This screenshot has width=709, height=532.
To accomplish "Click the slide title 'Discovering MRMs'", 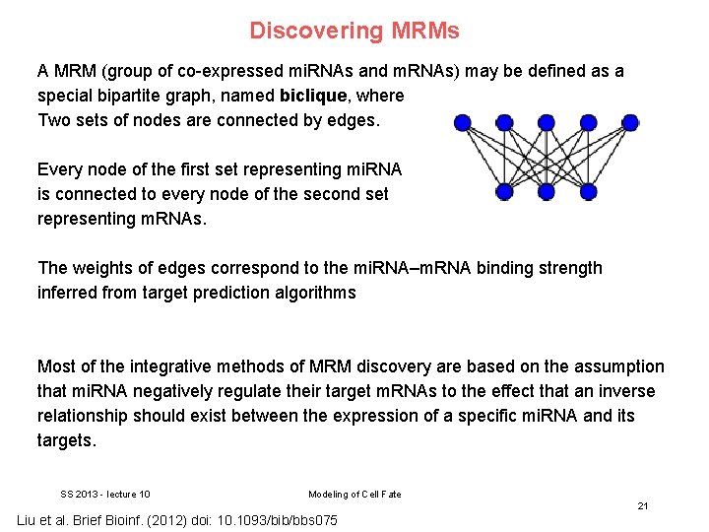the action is pyautogui.click(x=354, y=31).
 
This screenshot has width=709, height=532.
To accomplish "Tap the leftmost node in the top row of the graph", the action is pyautogui.click(x=462, y=123).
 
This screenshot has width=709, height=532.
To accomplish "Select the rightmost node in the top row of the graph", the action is pyautogui.click(x=631, y=123).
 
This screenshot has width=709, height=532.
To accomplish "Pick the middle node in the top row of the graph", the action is pyautogui.click(x=547, y=123).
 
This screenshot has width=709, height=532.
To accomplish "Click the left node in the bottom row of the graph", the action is pyautogui.click(x=504, y=191).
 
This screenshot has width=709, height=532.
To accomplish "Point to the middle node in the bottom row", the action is pyautogui.click(x=547, y=191).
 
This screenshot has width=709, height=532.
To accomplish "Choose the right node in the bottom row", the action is pyautogui.click(x=589, y=191).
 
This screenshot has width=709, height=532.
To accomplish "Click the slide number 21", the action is pyautogui.click(x=642, y=505).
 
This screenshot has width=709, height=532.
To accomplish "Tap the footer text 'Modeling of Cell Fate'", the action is pyautogui.click(x=354, y=495).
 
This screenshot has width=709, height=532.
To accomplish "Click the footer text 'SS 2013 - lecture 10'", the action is pyautogui.click(x=105, y=495).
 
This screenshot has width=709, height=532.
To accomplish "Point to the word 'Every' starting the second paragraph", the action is pyautogui.click(x=59, y=169).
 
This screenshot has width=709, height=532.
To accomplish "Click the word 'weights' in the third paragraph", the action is pyautogui.click(x=102, y=268).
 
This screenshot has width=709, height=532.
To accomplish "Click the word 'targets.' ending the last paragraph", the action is pyautogui.click(x=67, y=440).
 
